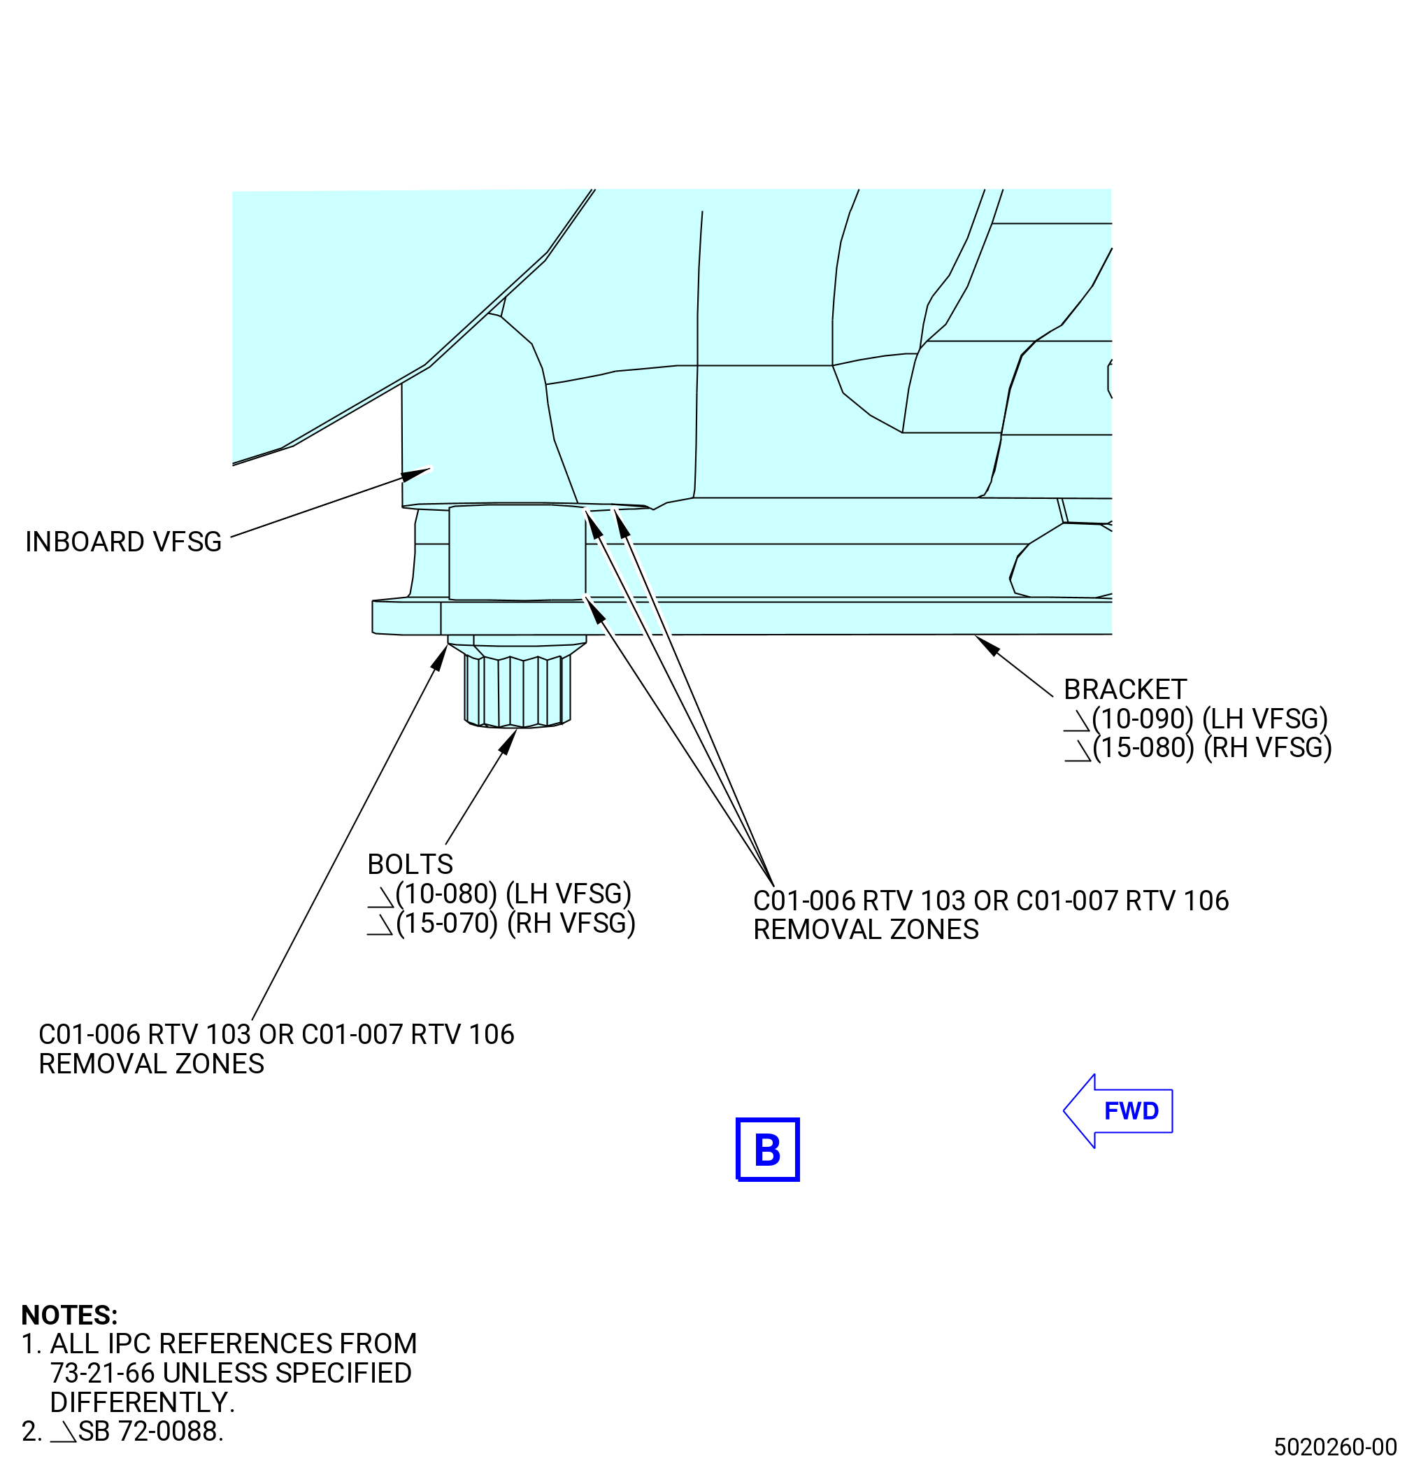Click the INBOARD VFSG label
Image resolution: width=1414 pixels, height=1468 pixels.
tap(124, 542)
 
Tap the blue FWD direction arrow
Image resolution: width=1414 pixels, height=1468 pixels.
tap(1118, 1110)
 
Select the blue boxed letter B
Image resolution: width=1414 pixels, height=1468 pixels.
tap(768, 1150)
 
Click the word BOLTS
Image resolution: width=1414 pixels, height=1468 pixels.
tap(410, 864)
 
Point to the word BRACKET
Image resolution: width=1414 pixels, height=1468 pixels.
tap(1125, 689)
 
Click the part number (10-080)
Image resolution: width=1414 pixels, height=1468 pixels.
tap(447, 894)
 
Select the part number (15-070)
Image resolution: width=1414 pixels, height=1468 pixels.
tap(447, 924)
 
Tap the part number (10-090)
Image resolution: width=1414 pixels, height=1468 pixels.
tap(1142, 719)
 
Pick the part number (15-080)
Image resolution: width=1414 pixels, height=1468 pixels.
tap(1143, 748)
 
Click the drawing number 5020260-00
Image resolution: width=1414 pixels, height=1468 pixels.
tap(1336, 1447)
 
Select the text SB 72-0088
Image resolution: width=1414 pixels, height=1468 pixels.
tap(151, 1432)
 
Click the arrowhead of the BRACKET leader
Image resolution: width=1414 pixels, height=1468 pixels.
tap(987, 646)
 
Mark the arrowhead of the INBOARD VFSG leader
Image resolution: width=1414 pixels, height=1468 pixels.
tap(417, 475)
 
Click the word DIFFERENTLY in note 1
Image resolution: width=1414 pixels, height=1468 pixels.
tap(142, 1402)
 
